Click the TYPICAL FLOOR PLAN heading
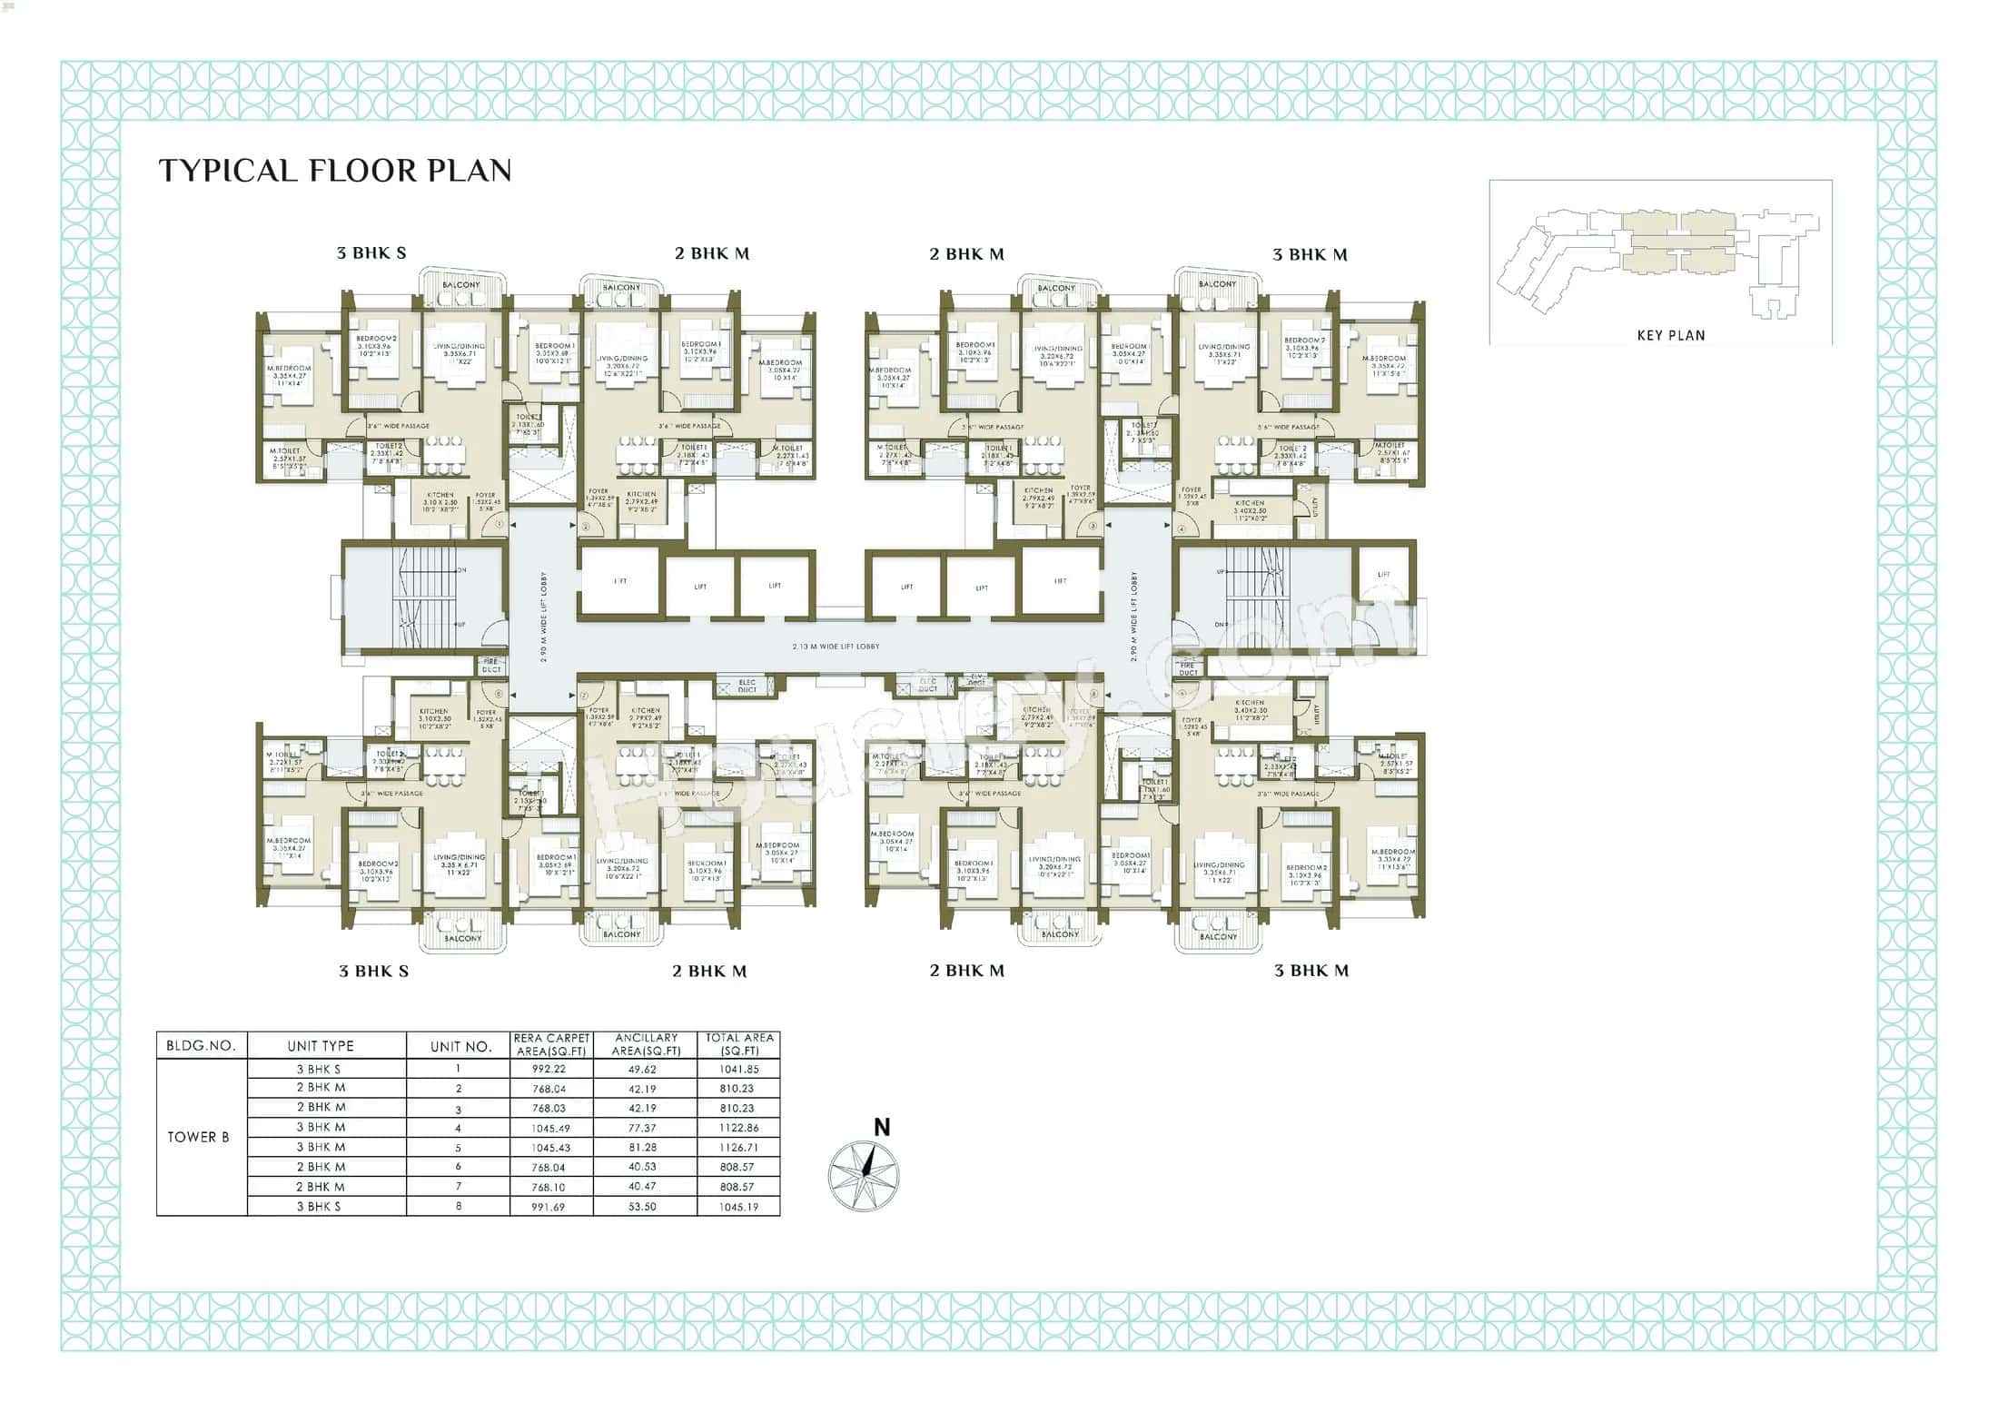tap(335, 171)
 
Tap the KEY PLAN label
tap(1670, 335)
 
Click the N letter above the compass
tap(881, 1128)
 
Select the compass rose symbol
tap(864, 1177)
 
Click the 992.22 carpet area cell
tap(549, 1069)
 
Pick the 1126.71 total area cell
tap(738, 1147)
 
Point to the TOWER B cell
tap(198, 1137)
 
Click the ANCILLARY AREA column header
tap(646, 1044)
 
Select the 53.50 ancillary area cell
tap(642, 1207)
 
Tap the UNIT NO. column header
tap(460, 1046)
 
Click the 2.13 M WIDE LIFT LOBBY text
tap(836, 647)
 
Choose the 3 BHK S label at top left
tap(371, 253)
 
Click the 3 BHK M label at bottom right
tap(1311, 971)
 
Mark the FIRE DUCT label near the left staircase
tap(490, 666)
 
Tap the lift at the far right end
tap(1383, 575)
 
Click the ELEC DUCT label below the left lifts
tap(747, 686)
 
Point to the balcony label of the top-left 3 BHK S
tap(461, 284)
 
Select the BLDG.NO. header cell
tap(201, 1046)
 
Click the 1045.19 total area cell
tap(738, 1207)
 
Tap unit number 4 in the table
tap(459, 1128)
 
